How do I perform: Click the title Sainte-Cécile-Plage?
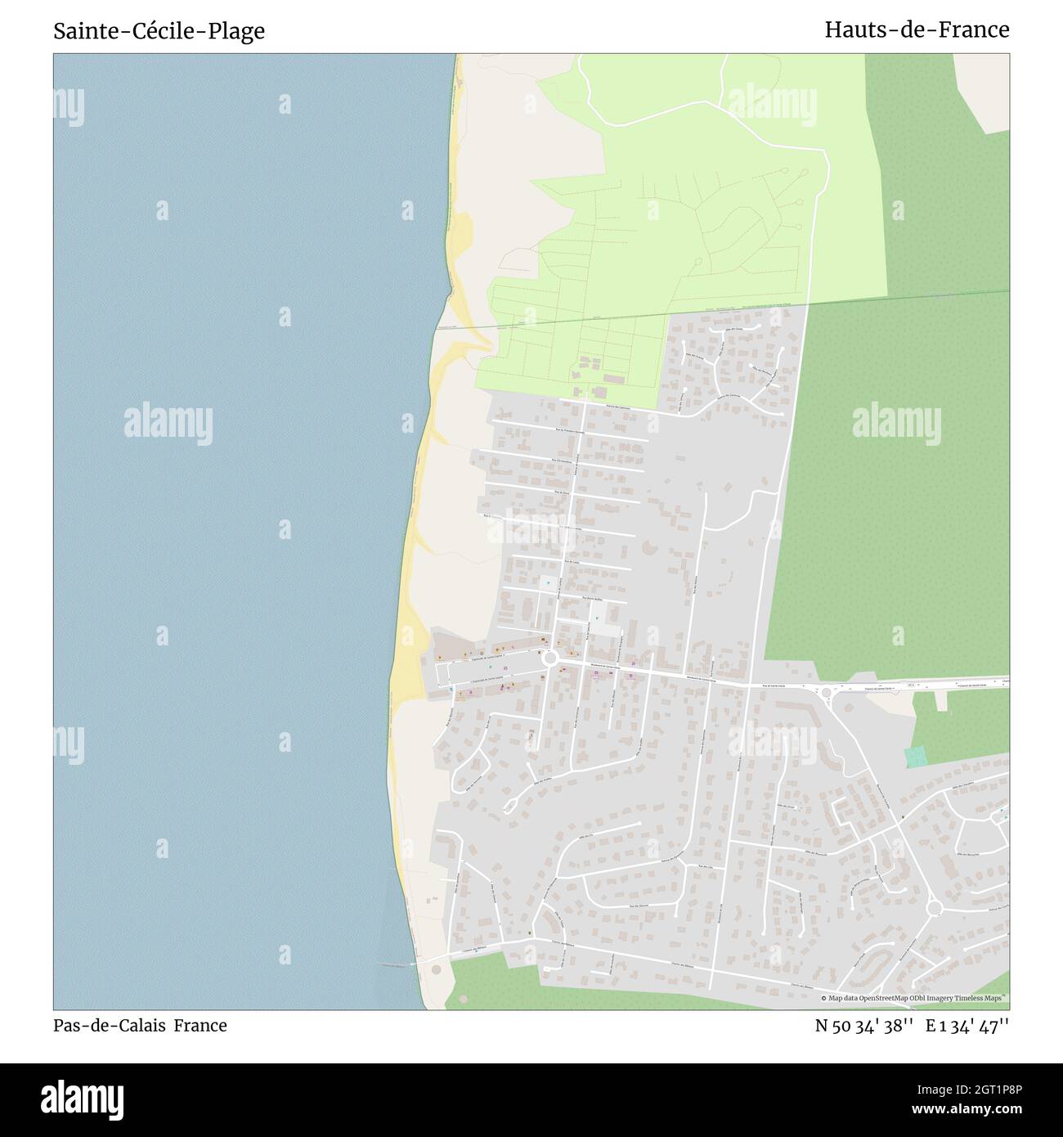[159, 31]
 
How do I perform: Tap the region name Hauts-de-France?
[917, 29]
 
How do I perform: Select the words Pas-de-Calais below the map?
[110, 1026]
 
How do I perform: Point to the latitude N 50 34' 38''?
[863, 1026]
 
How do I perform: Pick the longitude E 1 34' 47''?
[967, 1026]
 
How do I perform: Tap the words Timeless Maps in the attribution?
[983, 998]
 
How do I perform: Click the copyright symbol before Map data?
[824, 998]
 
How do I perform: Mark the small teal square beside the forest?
[917, 757]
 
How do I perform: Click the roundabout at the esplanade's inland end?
[550, 658]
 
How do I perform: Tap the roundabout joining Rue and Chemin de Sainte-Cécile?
[827, 693]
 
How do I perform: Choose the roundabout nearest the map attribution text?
[935, 908]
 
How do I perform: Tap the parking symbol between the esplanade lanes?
[491, 667]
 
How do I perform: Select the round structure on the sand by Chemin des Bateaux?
[435, 969]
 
